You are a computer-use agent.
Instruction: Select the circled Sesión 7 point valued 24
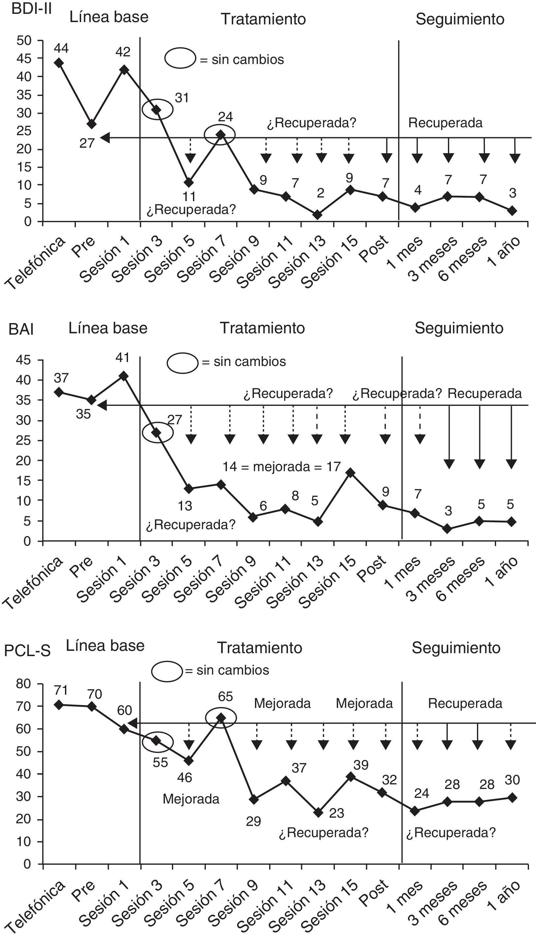pos(220,135)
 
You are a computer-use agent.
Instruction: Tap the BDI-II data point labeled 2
pos(318,215)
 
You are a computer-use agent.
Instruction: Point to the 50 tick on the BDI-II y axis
pos(24,41)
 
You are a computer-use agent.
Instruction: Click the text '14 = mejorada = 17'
pos(281,467)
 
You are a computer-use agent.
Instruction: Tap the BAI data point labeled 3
pos(447,529)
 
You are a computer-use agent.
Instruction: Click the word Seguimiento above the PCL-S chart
pos(456,648)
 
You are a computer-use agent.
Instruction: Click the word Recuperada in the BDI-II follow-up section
pos(445,123)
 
